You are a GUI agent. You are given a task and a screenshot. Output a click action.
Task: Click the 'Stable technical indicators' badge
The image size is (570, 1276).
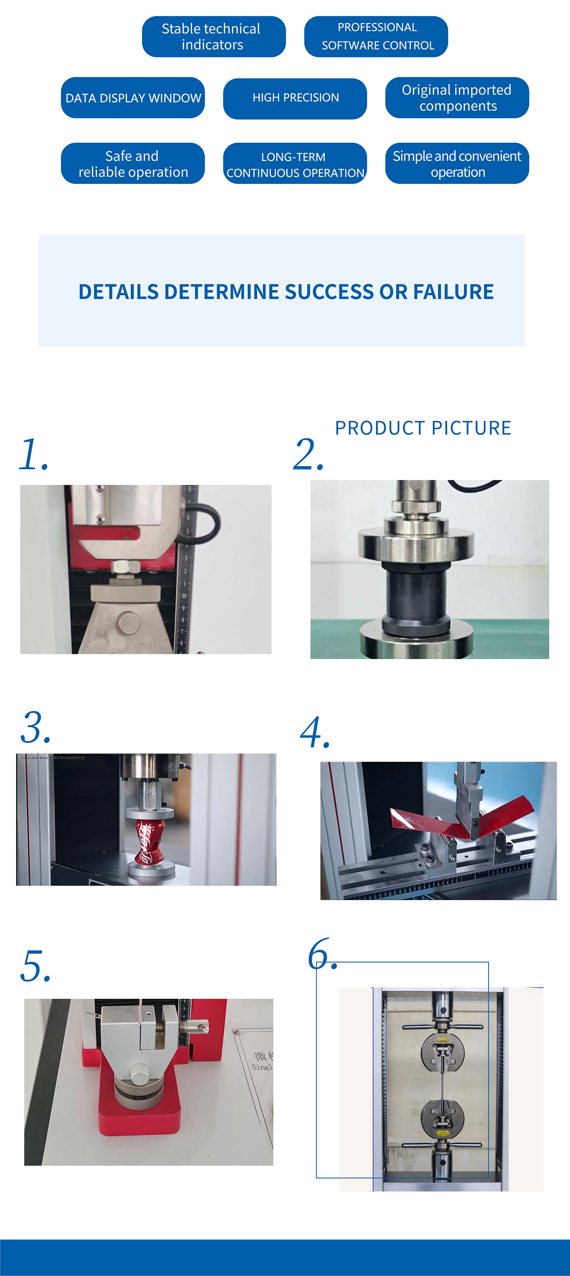[213, 37]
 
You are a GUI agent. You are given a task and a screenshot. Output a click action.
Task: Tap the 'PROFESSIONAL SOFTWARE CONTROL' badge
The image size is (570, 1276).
[376, 37]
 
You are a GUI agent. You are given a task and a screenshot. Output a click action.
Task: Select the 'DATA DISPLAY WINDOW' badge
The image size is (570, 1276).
[133, 98]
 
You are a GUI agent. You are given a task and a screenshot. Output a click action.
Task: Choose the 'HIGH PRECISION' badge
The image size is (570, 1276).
[295, 98]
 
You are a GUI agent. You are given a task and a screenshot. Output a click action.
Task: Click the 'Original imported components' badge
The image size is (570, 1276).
[457, 98]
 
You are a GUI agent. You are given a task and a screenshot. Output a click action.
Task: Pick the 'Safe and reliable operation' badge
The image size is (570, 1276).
[133, 163]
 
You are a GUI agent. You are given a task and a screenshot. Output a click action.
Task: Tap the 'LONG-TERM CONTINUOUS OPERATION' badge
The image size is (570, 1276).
[295, 163]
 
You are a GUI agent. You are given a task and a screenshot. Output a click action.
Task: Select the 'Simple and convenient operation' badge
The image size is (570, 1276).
[457, 163]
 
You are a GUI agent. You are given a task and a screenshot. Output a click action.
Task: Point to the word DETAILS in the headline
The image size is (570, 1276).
[118, 292]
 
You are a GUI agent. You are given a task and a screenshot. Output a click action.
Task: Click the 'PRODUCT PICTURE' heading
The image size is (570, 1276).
[423, 428]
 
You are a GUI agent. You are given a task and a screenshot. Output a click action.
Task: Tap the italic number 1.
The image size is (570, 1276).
[32, 454]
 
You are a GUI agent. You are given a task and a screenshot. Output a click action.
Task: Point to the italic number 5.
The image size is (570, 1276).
[35, 966]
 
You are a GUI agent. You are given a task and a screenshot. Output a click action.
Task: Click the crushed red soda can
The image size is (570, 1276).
[149, 842]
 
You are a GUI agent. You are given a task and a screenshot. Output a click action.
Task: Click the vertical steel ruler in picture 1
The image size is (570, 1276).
[185, 570]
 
